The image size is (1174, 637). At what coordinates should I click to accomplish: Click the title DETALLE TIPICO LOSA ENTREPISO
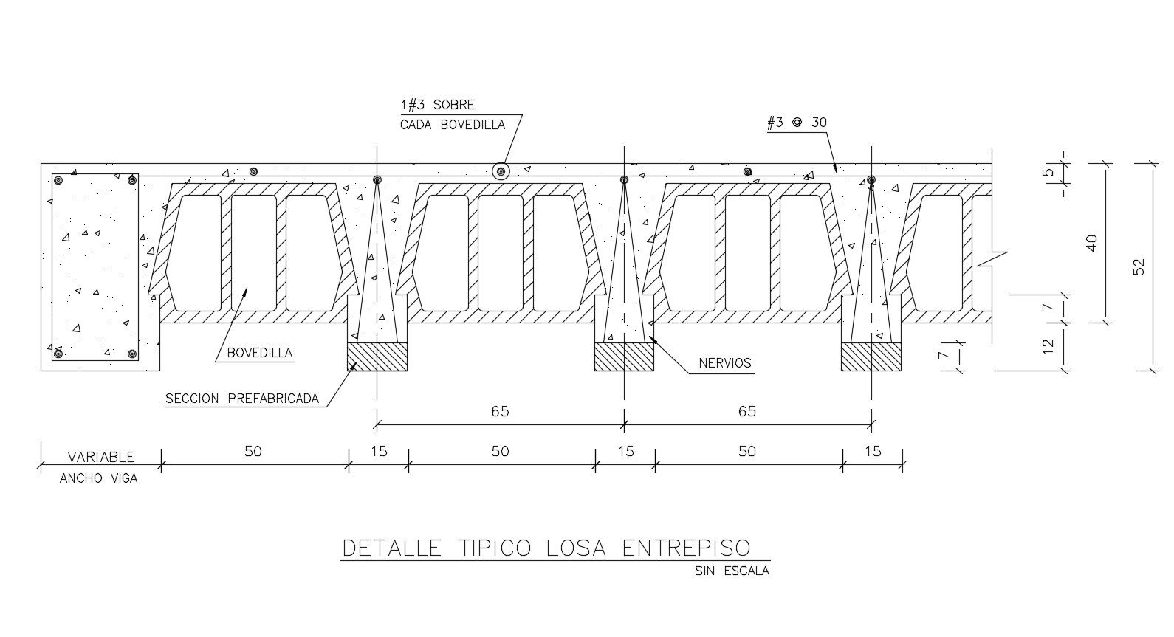(x=546, y=548)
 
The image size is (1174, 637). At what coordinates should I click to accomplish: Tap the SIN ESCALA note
(x=732, y=571)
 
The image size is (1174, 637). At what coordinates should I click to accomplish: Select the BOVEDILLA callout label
(x=259, y=353)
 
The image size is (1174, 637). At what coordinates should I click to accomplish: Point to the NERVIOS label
(x=724, y=363)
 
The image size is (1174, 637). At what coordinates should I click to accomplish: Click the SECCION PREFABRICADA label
(x=242, y=399)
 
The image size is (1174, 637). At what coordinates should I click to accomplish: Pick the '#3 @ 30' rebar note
(x=797, y=123)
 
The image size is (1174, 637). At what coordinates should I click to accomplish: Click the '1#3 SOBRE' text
(x=438, y=105)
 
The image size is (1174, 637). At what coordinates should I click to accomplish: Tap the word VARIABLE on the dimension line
(x=101, y=457)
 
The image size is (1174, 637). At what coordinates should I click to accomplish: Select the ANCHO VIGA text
(x=99, y=478)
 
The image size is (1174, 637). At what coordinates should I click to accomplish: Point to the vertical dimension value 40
(x=1092, y=243)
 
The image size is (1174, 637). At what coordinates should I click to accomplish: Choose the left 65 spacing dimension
(x=500, y=411)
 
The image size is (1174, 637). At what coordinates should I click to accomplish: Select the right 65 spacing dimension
(x=747, y=411)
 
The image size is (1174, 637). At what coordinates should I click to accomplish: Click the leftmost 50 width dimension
(x=253, y=451)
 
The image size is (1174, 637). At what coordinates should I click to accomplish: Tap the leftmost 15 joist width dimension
(x=378, y=451)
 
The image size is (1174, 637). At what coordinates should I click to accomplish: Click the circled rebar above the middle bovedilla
(x=501, y=172)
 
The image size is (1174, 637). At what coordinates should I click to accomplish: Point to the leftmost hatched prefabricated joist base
(x=377, y=357)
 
